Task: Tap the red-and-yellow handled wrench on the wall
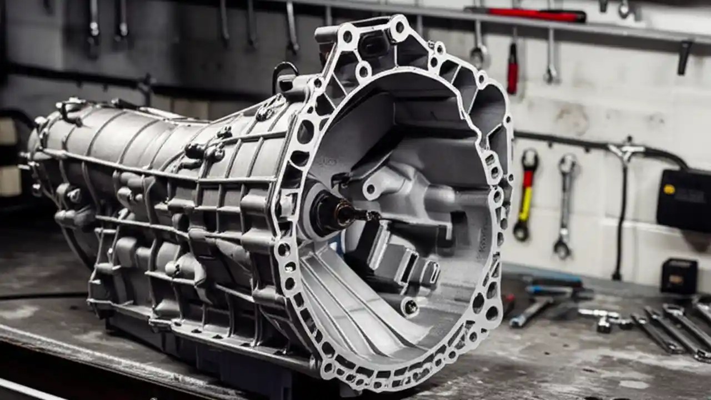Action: pos(525,194)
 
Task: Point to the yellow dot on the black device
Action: pos(670,189)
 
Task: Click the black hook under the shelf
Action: pos(684,56)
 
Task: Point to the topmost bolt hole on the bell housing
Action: pos(398,24)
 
